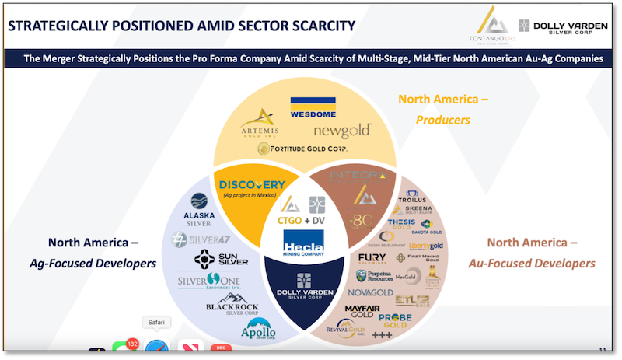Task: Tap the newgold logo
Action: pos(343,131)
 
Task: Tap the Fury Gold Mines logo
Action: pos(373,259)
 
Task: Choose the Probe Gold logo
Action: pos(400,320)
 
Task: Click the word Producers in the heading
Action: pos(443,120)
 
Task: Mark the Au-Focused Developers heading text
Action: pos(532,264)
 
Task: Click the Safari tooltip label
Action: pos(156,322)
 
